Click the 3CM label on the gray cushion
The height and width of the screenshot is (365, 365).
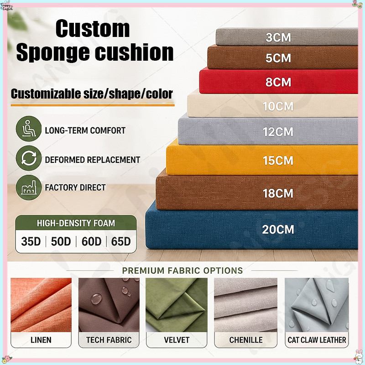[278, 37]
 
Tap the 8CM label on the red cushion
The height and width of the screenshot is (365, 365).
[278, 82]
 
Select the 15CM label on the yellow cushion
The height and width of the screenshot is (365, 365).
[278, 161]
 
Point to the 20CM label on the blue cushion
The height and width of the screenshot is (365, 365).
[278, 229]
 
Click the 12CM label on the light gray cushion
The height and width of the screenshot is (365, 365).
[278, 132]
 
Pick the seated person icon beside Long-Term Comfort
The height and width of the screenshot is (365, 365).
[29, 129]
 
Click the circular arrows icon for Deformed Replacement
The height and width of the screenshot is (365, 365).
[29, 158]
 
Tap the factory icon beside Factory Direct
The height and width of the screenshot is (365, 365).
[29, 188]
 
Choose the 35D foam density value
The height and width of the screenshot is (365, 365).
[31, 241]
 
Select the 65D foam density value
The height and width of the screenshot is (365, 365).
[121, 241]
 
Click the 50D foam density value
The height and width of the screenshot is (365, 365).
[61, 241]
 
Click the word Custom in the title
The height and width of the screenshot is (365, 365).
[93, 29]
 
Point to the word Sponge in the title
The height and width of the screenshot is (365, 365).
[53, 52]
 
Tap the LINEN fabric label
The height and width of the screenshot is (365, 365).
[41, 340]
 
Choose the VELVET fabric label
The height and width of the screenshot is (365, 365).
[177, 340]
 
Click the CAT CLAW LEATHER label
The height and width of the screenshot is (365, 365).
[317, 340]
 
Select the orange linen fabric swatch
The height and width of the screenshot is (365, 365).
[41, 305]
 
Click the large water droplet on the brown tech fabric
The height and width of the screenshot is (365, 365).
[96, 299]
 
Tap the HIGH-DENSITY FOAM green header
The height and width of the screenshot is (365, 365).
[76, 223]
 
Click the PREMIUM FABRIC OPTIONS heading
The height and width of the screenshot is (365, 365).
[182, 271]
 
